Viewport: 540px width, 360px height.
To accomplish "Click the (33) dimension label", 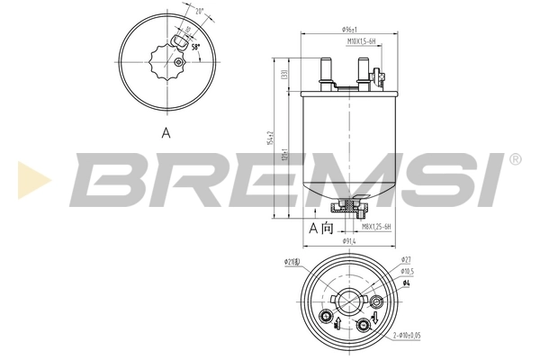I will tap(284, 76).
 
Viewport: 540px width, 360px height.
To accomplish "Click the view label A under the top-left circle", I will tap(166, 132).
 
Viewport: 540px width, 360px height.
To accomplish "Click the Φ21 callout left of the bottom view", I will tap(292, 263).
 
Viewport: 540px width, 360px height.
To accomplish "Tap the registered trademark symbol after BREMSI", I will tap(514, 159).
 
